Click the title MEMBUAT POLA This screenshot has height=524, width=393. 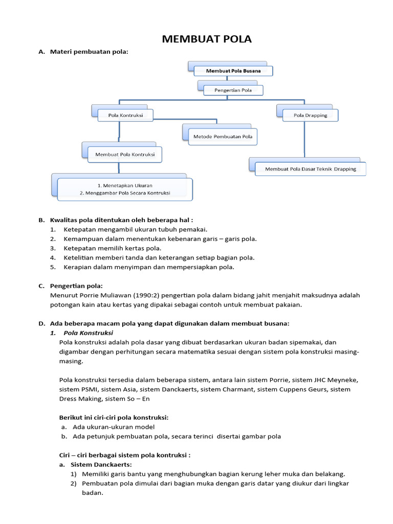click(x=207, y=39)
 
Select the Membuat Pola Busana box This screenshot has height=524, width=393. click(x=233, y=71)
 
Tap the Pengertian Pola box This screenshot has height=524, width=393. click(x=233, y=91)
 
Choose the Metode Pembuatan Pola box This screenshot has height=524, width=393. click(x=223, y=137)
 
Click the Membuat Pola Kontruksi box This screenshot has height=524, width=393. click(x=125, y=154)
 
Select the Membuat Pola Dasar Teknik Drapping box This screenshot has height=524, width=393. click(x=311, y=169)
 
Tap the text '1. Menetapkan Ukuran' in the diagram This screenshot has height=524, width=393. click(x=125, y=185)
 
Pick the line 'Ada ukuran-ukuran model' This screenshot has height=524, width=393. click(x=114, y=427)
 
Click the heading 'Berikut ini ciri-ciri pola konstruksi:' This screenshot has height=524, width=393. click(x=114, y=418)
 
